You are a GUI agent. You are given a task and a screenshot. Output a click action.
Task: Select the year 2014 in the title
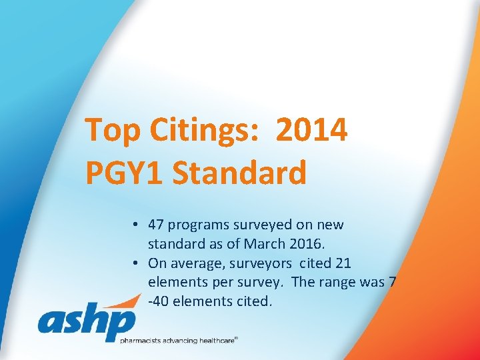click(311, 129)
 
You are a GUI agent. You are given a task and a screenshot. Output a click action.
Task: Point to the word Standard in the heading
click(239, 173)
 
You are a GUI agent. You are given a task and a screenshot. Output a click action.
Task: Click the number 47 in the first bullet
click(156, 225)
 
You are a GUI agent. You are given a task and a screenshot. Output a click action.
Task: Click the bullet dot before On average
click(135, 263)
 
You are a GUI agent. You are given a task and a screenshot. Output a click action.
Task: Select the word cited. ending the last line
click(253, 301)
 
